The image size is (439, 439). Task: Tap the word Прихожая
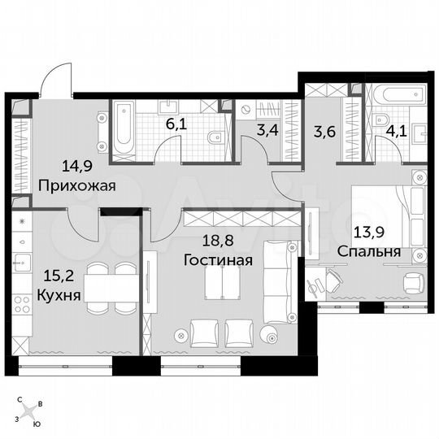point(77,185)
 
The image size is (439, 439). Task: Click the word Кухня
point(59,295)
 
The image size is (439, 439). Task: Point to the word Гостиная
point(217,261)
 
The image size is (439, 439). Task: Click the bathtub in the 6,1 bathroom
point(124,128)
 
